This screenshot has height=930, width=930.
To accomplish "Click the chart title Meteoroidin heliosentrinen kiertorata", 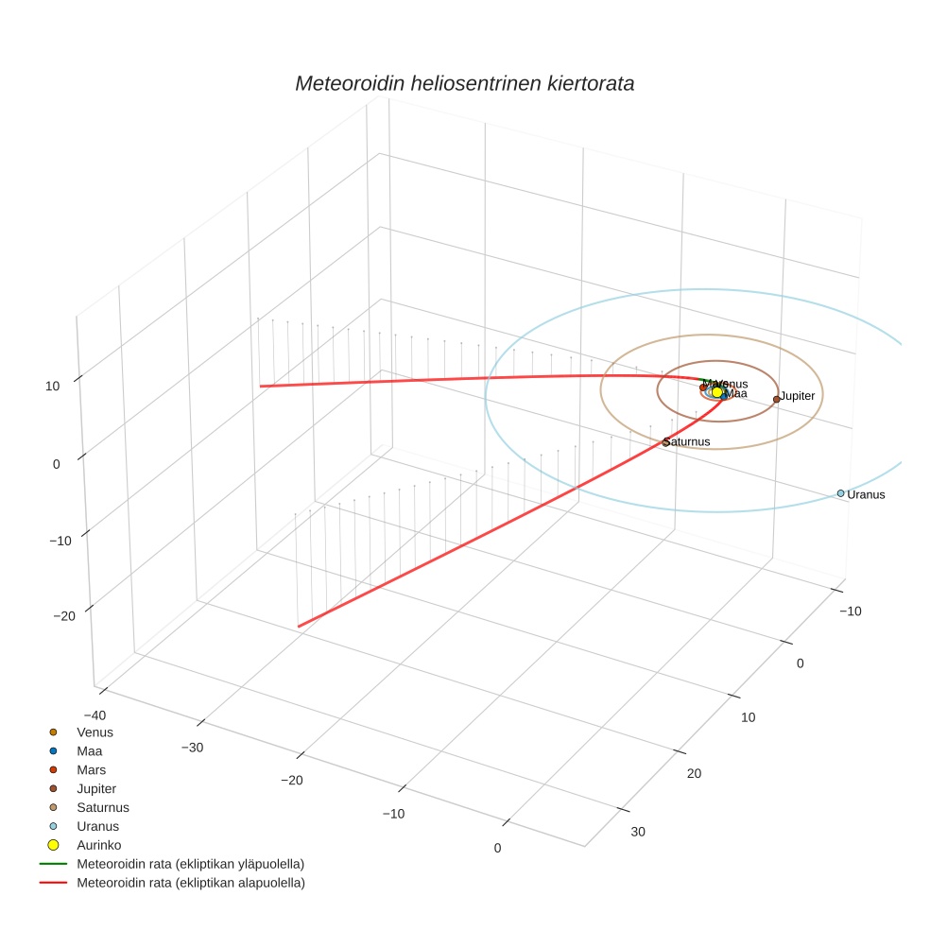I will pos(464,83).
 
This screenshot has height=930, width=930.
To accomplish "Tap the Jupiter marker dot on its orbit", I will pos(777,399).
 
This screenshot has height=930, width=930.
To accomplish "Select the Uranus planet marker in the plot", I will pos(840,493).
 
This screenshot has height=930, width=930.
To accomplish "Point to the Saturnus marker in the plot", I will pos(665,442).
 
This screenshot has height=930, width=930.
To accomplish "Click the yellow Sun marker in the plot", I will pos(717,391).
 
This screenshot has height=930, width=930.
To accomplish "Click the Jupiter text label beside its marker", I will pos(798,396).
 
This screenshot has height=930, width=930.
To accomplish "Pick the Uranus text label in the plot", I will pos(866,494).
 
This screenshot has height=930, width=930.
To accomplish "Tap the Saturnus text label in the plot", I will pos(687,441).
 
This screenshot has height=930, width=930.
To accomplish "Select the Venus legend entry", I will pos(95,732).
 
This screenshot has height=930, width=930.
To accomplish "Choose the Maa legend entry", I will pos(89,750).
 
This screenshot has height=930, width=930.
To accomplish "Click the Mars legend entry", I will pos(91,769).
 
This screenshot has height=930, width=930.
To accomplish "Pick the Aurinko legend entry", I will pos(98,845).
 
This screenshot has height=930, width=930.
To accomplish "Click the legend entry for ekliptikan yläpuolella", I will pos(190,864).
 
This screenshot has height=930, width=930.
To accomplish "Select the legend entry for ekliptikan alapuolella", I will pos(190,883).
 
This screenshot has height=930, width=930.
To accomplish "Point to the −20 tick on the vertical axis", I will pos(63,616).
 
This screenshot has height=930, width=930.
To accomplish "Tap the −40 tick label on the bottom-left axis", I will pos(95,715).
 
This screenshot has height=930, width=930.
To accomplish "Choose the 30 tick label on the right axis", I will pos(639,832).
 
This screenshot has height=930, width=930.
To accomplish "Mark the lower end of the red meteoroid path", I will pos(300,626).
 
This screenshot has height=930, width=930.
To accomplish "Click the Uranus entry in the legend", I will pos(97,826).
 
